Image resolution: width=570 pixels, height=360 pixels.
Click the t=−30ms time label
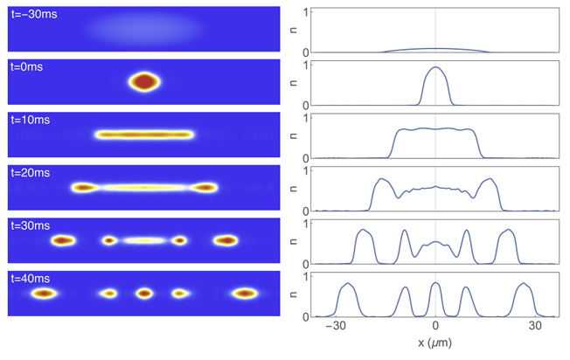[x=34, y=15]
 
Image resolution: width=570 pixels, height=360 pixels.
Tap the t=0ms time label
[x=29, y=67]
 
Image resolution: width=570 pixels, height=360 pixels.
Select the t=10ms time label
[x=31, y=121]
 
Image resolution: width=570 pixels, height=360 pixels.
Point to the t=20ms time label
[x=31, y=173]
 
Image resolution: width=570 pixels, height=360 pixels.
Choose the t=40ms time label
[x=31, y=279]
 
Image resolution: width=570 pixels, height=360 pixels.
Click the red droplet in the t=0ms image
[x=144, y=82]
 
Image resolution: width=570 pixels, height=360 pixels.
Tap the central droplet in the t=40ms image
[x=144, y=294]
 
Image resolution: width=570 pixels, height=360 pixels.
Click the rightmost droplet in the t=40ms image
[x=243, y=294]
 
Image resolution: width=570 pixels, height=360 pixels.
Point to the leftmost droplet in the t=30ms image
[x=62, y=240]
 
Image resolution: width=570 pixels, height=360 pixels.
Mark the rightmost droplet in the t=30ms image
[x=226, y=240]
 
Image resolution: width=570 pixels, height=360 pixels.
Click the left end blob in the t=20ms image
[x=84, y=187]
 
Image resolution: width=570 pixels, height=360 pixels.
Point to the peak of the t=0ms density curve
[x=435, y=67]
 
